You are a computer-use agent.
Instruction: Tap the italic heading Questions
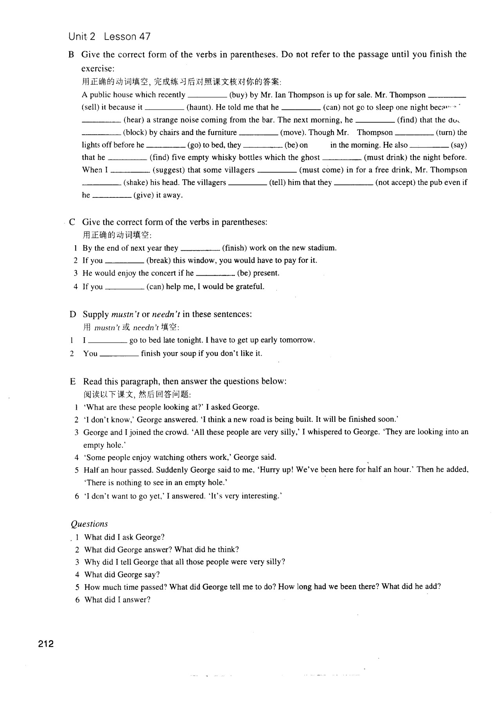point(89,524)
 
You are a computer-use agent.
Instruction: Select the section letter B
point(71,54)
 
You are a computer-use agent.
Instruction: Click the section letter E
point(72,381)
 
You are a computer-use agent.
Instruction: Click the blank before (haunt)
point(164,108)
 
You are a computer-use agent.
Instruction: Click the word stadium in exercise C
point(321,248)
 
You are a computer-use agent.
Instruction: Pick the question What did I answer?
point(117,600)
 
